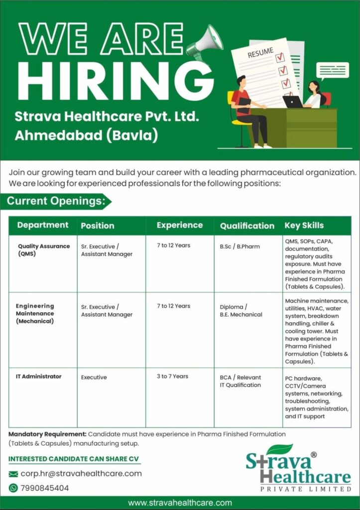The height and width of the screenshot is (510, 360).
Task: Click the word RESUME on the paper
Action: [x=260, y=52]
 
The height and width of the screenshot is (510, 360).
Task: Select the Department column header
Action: [x=43, y=225]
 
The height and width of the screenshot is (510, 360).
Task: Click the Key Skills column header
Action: [x=304, y=226]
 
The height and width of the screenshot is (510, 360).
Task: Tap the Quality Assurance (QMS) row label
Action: [x=44, y=250]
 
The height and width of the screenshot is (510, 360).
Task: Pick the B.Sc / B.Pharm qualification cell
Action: [x=240, y=246]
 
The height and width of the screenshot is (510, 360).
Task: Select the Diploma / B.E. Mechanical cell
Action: [x=241, y=311]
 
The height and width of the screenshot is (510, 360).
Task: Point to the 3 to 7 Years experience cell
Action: [x=172, y=377]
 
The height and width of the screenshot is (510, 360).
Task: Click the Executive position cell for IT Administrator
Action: [x=94, y=378]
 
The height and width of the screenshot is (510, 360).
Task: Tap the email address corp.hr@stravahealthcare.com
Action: [x=81, y=474]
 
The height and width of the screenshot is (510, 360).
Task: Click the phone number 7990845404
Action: [x=45, y=488]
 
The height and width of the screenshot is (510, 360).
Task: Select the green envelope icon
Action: [x=13, y=474]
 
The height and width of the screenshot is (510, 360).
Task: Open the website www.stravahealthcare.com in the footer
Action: [x=180, y=503]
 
